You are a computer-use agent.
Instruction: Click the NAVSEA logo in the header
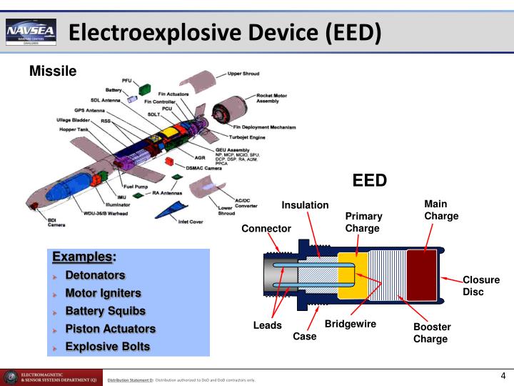[31, 31]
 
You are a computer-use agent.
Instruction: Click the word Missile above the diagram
[52, 71]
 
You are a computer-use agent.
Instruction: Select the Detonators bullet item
[95, 275]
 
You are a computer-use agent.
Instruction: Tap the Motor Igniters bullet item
[103, 293]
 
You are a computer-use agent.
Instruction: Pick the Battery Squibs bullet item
[105, 311]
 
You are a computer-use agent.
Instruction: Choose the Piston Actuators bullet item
[110, 329]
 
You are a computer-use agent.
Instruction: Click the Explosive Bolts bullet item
[108, 347]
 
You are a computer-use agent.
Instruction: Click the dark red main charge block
[420, 275]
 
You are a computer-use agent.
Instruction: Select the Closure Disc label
[481, 286]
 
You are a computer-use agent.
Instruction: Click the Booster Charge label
[432, 332]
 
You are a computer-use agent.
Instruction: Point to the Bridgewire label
[351, 324]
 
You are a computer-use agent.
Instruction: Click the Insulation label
[305, 205]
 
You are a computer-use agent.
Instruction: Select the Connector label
[266, 229]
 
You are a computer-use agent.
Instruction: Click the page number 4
[503, 377]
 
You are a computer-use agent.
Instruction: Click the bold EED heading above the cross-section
[370, 180]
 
